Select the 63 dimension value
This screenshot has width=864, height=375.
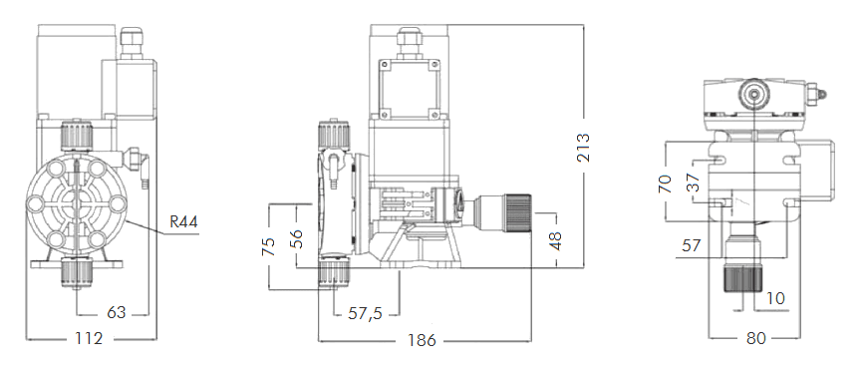coord(117,313)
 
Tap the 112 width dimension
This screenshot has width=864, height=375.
coord(90,339)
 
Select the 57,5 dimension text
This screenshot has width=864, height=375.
coord(366,313)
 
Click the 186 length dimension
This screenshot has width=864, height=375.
coord(423,339)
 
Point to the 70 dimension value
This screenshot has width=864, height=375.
coord(667,184)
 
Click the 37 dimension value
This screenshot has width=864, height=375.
coord(693,184)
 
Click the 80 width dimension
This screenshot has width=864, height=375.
coord(755,338)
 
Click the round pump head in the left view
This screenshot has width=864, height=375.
coord(76,204)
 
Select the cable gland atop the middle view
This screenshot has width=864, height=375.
coord(407,38)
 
